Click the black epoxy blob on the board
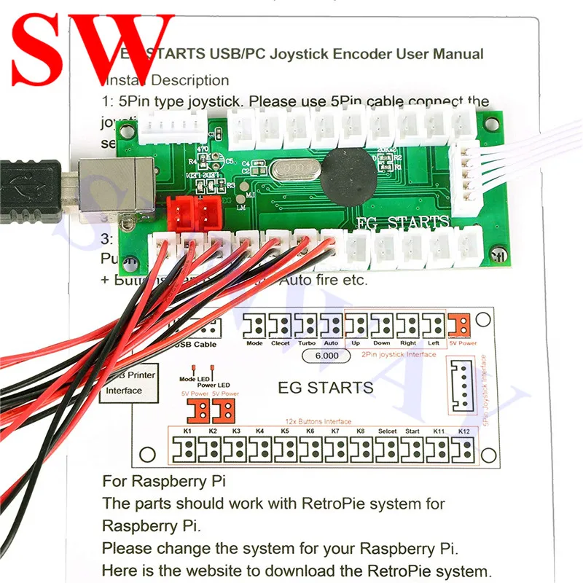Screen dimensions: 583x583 click(x=346, y=176)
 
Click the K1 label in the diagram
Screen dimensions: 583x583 click(x=187, y=431)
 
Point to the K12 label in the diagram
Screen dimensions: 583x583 click(x=464, y=431)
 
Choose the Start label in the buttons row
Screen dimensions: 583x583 click(x=412, y=431)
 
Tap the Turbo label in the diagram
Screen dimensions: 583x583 click(x=307, y=343)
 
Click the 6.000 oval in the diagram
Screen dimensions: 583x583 click(x=321, y=357)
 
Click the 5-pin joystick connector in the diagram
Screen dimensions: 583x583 click(x=463, y=386)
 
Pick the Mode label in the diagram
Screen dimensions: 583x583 click(x=254, y=343)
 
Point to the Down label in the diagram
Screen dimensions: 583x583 click(x=381, y=343)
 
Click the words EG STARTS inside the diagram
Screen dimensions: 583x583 click(x=326, y=387)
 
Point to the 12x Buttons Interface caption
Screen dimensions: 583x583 click(x=318, y=421)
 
